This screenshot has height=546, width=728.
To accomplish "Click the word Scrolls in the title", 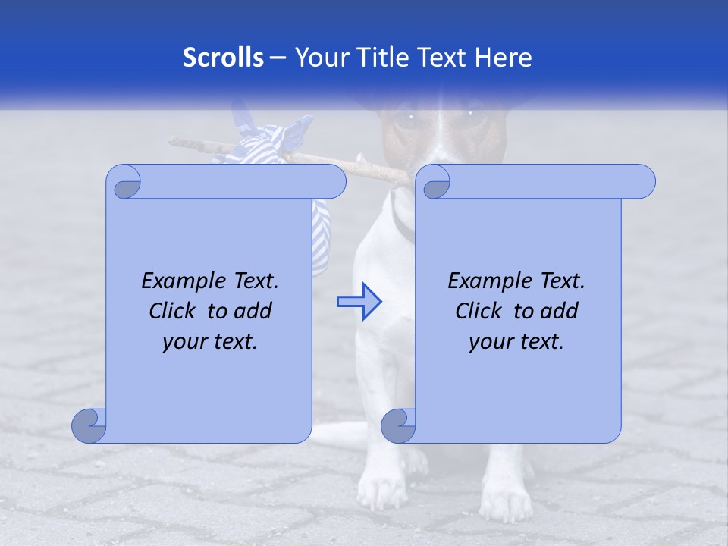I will [223, 58].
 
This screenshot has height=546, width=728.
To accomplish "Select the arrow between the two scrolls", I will [359, 302].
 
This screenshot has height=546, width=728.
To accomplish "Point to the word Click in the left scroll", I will [173, 311].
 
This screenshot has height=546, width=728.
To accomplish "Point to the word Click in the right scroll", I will [479, 311].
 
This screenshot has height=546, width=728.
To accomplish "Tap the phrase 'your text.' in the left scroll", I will [210, 341].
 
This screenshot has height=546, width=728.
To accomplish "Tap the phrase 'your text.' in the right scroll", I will [516, 341].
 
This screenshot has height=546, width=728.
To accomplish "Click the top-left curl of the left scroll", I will [124, 184].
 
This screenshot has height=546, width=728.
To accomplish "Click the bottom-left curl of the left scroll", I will [89, 425].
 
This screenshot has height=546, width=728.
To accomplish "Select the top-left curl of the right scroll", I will [435, 184].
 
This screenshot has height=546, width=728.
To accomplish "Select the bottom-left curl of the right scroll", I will [399, 425].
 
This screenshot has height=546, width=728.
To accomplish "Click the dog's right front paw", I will [379, 493].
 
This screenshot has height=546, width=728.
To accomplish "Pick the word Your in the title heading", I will [318, 58].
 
